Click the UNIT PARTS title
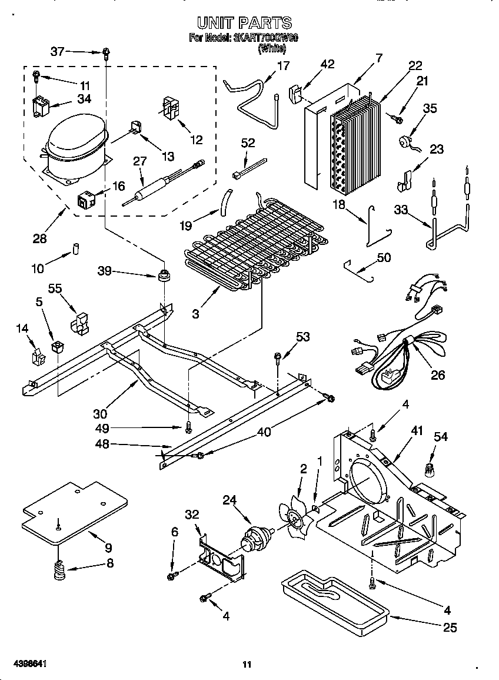244,22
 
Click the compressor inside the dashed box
75,143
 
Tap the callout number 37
57,52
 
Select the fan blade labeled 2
297,512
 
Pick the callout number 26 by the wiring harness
437,374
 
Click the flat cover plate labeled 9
74,509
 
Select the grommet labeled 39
164,274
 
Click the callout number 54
440,436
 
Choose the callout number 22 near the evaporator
415,65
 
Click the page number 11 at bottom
247,665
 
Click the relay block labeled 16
87,200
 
